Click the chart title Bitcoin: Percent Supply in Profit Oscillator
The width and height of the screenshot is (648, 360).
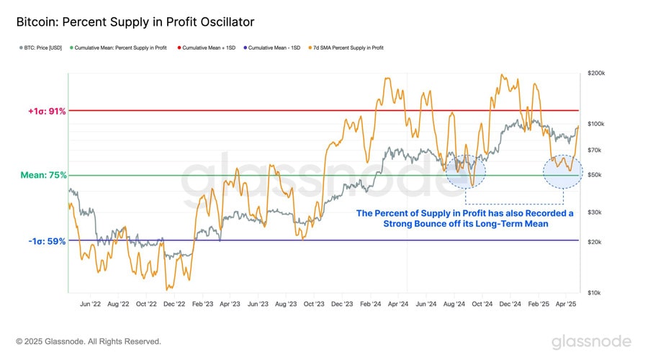135,23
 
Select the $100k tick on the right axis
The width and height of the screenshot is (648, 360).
597,125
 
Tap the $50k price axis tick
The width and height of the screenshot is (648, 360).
595,175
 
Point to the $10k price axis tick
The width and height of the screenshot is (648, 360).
595,293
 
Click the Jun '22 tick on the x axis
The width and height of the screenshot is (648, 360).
90,305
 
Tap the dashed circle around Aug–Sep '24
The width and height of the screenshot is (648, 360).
466,171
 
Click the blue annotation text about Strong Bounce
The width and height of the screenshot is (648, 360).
465,219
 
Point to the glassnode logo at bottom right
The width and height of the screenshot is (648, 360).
591,341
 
